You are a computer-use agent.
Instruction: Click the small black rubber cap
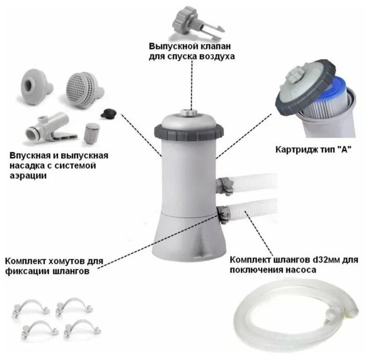pos(108,114)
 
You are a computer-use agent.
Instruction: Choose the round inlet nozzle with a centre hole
pos(36,84)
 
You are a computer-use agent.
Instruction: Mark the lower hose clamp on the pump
pos(224,214)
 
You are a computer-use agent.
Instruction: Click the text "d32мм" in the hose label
pos(327,260)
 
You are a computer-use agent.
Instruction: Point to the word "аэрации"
pos(28,175)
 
